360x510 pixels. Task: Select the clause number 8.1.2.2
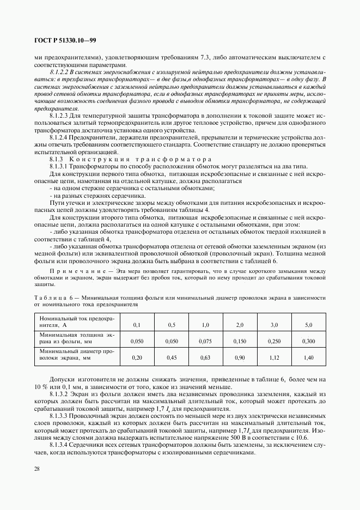point(60,71)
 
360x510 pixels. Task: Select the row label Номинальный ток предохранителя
point(76,321)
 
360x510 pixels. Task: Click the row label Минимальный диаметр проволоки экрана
point(76,355)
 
